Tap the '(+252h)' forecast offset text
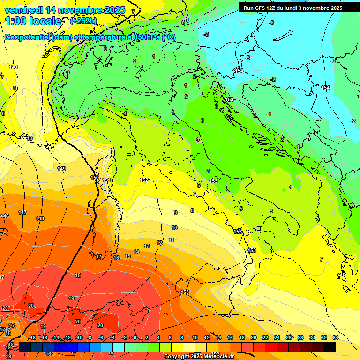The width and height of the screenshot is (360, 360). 83,21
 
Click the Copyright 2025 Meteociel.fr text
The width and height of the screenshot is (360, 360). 199,357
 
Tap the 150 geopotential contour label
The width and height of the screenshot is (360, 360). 95,178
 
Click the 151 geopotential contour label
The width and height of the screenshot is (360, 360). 106,180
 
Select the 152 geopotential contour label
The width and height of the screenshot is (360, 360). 144,180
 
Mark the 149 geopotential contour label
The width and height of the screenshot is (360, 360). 61,169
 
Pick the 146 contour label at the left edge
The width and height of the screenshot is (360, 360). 5,216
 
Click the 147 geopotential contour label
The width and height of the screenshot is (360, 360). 22,213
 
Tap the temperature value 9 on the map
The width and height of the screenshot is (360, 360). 176,213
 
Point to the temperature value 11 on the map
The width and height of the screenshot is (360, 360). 172,240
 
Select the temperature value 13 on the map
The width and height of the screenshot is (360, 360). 147,246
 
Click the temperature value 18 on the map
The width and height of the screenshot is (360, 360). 78,275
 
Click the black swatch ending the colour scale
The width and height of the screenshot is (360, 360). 330,346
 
